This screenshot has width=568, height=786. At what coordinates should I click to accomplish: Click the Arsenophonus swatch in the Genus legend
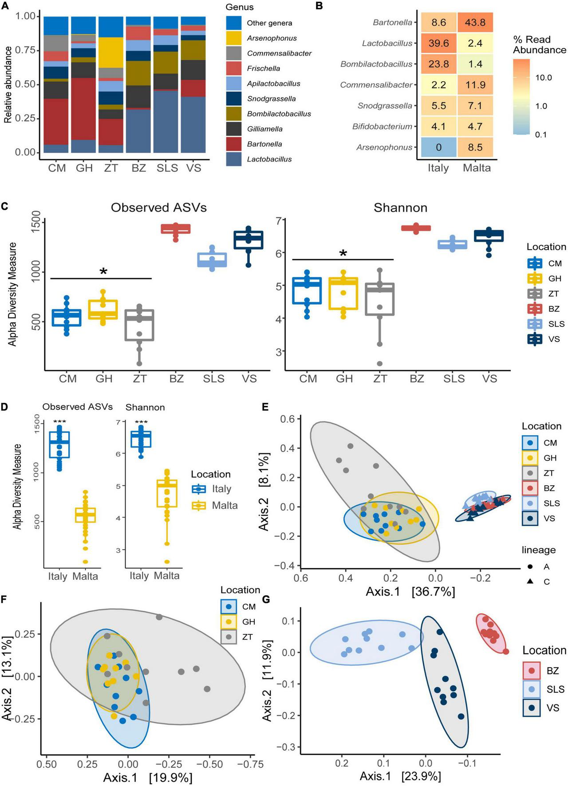tap(233, 38)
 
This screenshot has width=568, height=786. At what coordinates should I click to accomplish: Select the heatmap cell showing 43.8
tap(475, 23)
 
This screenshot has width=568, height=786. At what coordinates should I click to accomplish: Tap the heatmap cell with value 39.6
tap(438, 43)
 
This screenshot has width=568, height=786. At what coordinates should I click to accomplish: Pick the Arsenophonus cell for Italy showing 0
tap(438, 147)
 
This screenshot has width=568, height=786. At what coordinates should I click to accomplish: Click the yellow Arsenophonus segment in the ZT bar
tap(111, 52)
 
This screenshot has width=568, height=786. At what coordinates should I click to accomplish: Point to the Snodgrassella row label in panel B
tap(385, 106)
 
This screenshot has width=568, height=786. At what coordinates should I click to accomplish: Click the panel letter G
tap(265, 600)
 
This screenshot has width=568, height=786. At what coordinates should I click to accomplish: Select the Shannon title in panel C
tap(400, 208)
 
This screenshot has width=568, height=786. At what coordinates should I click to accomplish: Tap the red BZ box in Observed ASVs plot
tap(176, 229)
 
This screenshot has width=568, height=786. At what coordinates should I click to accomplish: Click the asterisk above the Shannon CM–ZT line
tap(343, 254)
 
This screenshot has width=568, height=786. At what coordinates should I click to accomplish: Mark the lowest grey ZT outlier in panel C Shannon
tap(380, 364)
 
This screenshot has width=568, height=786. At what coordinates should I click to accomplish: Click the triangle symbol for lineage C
tap(530, 582)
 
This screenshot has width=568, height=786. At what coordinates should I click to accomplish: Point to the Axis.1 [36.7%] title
tap(410, 592)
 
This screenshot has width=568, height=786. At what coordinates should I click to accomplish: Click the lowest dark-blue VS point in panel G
tap(461, 716)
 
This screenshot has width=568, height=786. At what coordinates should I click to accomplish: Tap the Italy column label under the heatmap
tap(438, 168)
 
